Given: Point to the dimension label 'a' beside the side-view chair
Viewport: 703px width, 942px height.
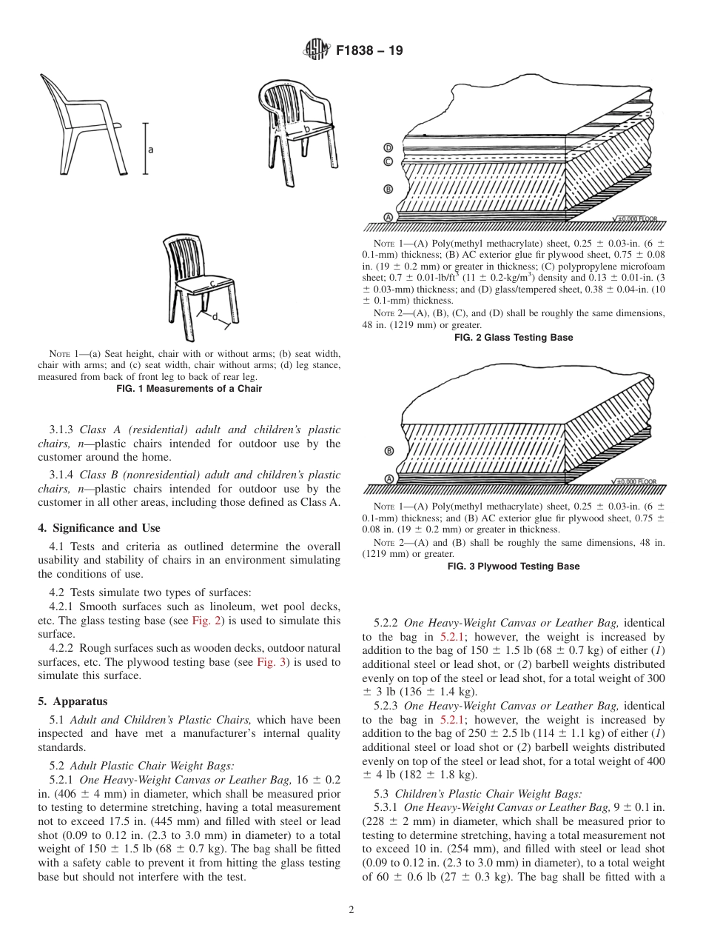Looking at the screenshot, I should point(151,150).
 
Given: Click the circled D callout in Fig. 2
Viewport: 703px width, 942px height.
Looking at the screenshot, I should point(388,147).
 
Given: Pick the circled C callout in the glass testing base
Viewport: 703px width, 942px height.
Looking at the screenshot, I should point(388,161).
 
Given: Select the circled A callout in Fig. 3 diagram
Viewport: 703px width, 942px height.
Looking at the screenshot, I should point(388,479).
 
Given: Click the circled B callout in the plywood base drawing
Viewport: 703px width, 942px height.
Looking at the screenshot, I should point(388,451).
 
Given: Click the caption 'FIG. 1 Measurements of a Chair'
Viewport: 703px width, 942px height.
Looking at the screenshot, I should point(189,389).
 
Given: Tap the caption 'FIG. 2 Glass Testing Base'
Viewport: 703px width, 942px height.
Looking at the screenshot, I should point(514,338).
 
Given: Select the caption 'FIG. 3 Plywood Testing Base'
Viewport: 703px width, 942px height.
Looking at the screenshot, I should point(514,567).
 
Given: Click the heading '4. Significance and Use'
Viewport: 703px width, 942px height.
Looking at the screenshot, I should point(99,528).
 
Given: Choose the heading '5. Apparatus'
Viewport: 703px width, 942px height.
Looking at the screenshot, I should point(73,701).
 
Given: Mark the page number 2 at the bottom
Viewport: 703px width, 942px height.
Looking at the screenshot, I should point(351,910).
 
